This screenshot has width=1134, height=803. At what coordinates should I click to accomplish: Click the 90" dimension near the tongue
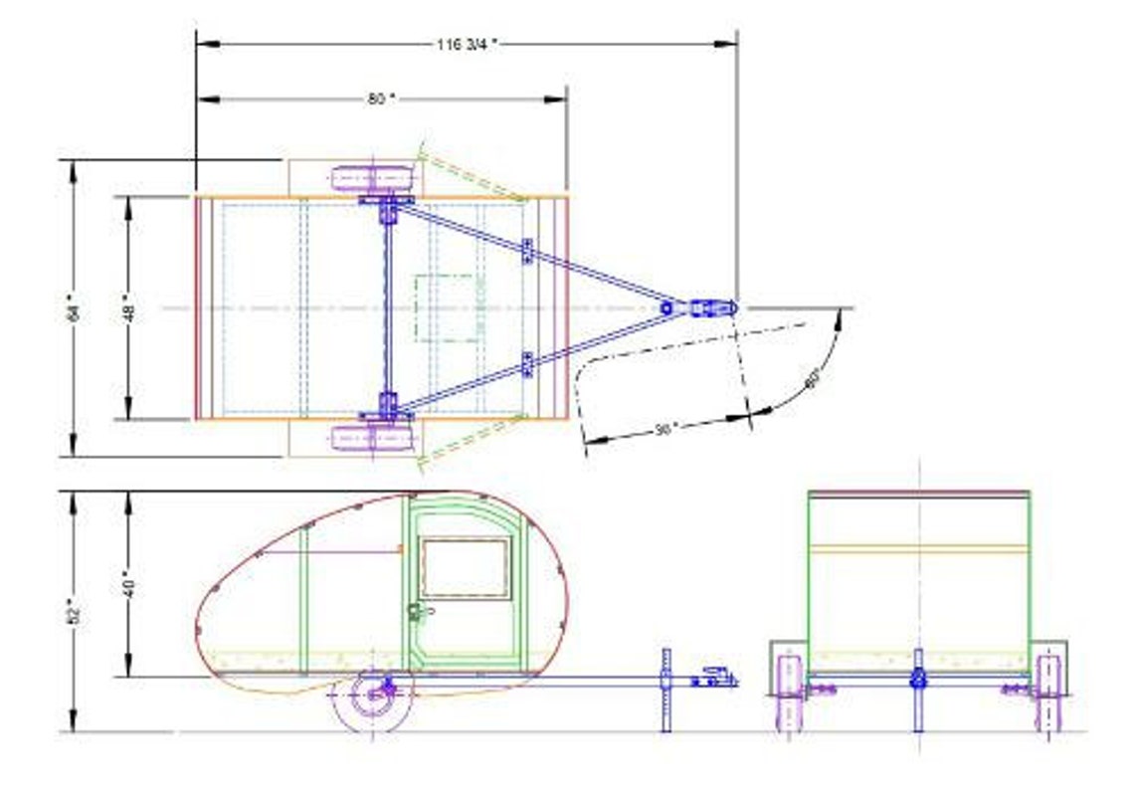(x=665, y=428)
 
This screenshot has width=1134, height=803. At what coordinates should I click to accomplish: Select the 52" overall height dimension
(x=72, y=610)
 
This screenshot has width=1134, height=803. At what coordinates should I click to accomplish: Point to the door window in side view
(x=464, y=568)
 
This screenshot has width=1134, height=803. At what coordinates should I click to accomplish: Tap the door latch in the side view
(x=416, y=613)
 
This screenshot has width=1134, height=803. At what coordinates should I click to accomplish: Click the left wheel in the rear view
(x=791, y=692)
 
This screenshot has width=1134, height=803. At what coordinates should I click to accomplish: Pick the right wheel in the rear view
(x=1047, y=692)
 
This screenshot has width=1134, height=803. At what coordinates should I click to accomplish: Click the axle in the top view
(x=387, y=307)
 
